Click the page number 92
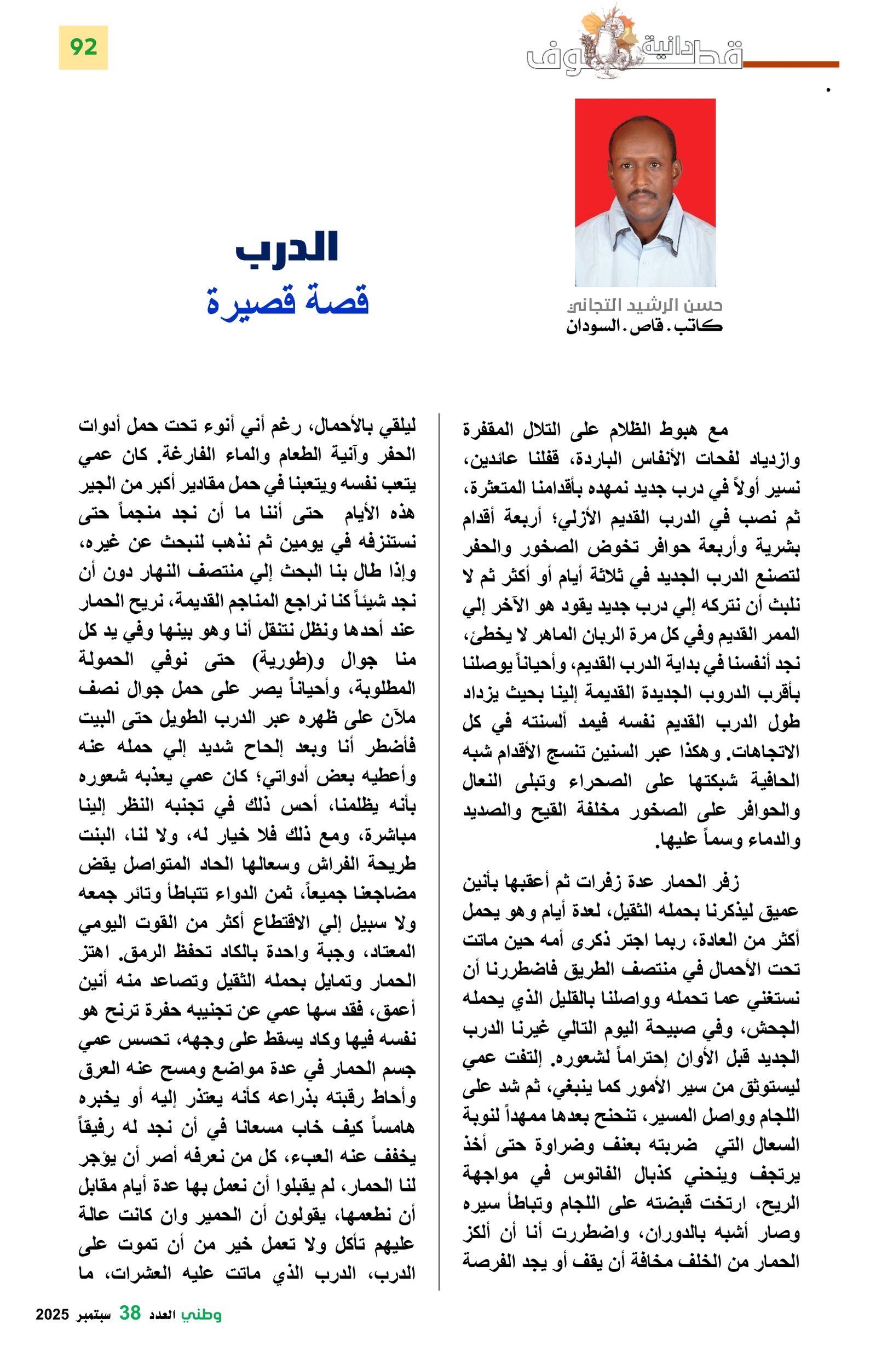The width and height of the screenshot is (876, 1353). (83, 47)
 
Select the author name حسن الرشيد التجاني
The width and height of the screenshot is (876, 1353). (644, 306)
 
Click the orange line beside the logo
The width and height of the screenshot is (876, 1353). (790, 64)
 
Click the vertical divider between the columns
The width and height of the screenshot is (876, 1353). (439, 853)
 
